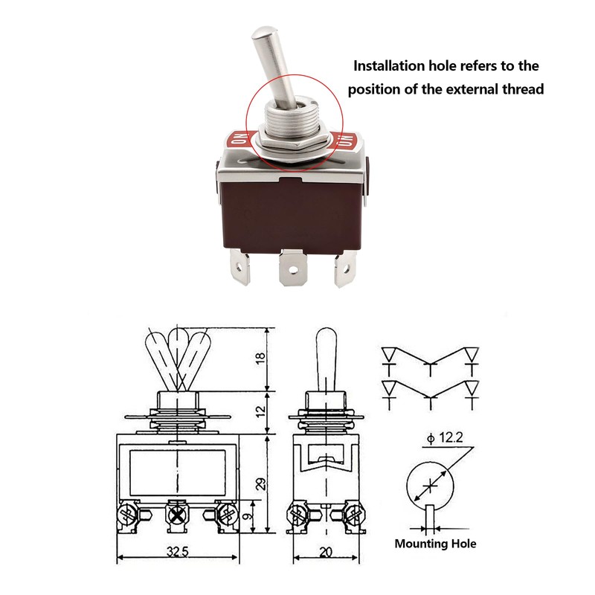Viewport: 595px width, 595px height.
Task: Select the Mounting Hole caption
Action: pos(435,544)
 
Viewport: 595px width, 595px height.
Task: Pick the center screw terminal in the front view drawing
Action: pos(177,513)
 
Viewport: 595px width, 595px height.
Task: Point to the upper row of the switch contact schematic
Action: pos(430,356)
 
